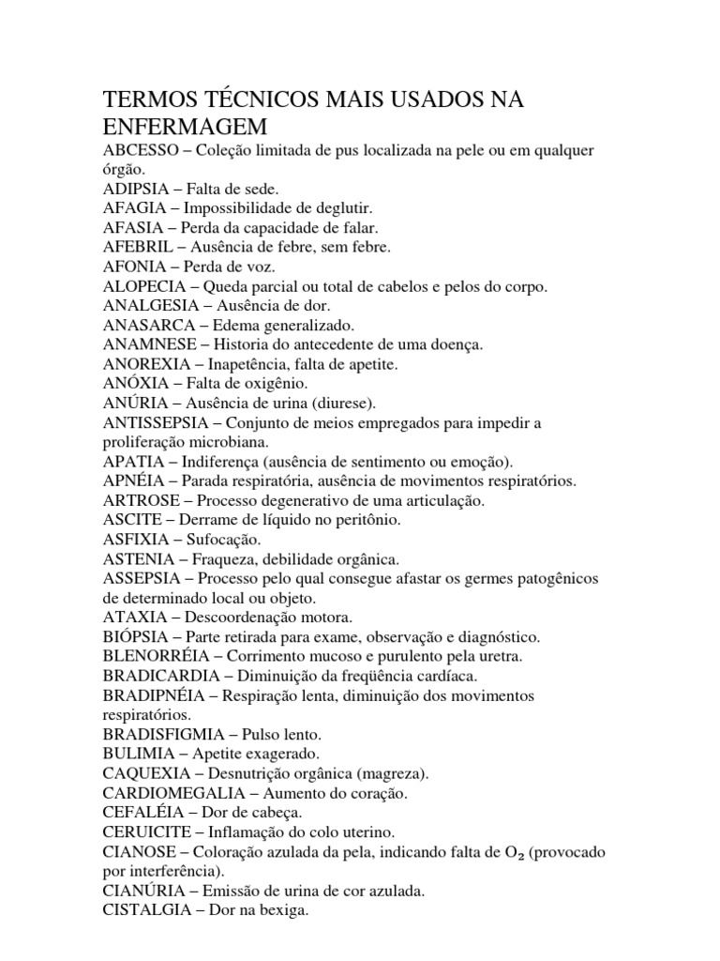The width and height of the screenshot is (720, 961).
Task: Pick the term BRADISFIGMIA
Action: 164,734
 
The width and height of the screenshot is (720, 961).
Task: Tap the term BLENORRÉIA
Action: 158,656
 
